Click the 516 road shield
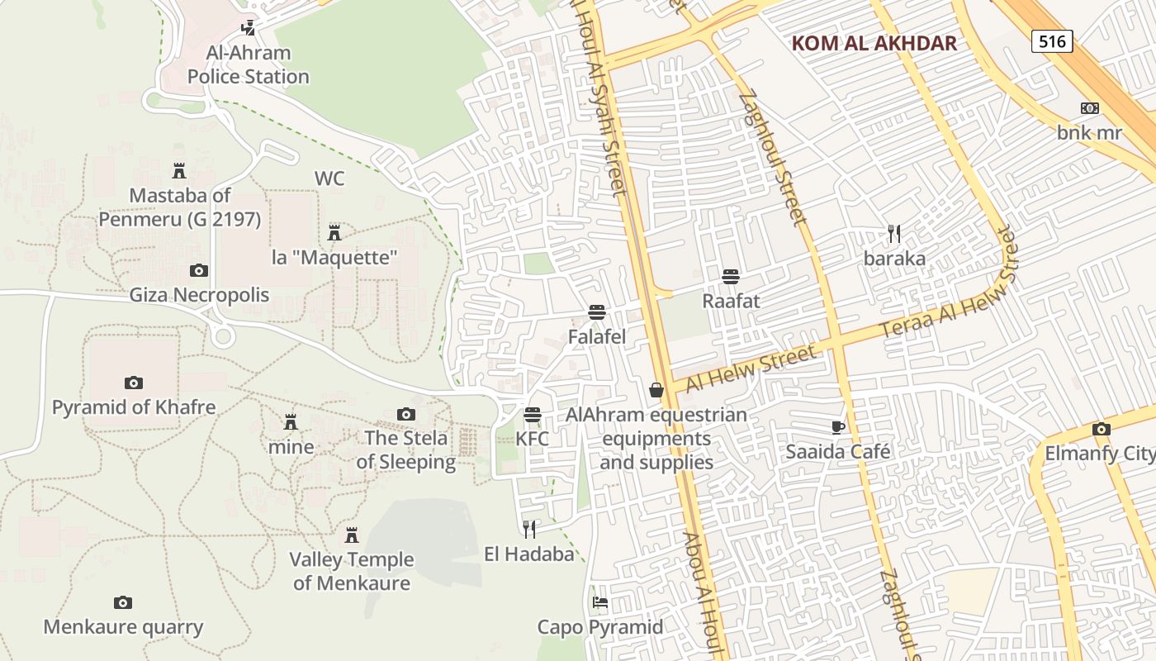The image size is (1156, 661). pos(1052,41)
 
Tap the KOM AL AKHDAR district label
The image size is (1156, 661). pos(874,44)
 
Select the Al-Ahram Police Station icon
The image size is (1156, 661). pos(248,28)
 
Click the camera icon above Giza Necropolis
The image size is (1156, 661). pos(199,270)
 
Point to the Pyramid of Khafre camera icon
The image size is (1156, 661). pos(134,383)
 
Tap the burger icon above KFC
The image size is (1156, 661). pos(533,414)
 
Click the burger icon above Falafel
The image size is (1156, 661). pos(597,312)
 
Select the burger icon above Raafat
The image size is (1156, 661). pos(730,276)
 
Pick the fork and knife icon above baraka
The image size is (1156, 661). pos(894,234)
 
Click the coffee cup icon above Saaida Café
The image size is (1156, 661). pos(838,427)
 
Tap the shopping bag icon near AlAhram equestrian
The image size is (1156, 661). pos(656,389)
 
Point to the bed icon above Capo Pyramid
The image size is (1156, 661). pos(600,602)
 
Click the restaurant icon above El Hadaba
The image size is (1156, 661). pos(529,529)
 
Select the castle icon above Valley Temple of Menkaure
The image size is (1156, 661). pos(352,535)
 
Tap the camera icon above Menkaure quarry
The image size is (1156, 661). pos(123,602)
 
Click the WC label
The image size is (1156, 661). pos(329,178)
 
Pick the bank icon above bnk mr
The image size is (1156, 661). pos(1090,108)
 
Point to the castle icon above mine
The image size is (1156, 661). pos(291,422)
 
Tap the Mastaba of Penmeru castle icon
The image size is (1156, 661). pos(179,171)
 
